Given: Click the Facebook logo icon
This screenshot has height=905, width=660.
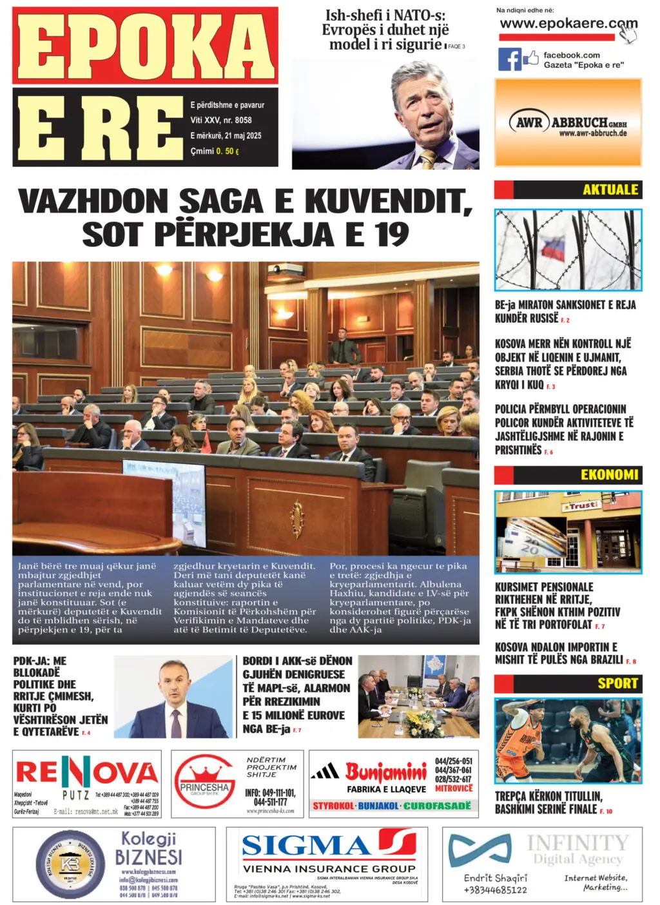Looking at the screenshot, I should point(509,59).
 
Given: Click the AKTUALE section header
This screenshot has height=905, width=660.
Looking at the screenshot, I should point(610,190).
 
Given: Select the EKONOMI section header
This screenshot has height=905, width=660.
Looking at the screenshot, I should point(609,475).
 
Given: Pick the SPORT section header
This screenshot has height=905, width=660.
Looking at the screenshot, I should point(617,683).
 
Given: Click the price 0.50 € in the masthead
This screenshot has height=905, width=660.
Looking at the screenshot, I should point(228,151).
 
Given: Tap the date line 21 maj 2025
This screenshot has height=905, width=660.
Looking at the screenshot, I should point(226,135).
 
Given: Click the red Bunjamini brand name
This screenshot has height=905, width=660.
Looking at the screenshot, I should point(386,771).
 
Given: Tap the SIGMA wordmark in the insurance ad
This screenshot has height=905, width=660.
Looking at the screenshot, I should point(306,845).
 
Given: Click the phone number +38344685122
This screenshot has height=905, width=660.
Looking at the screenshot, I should point(495,890).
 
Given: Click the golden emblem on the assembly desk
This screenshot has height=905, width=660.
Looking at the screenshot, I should point(296,516).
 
